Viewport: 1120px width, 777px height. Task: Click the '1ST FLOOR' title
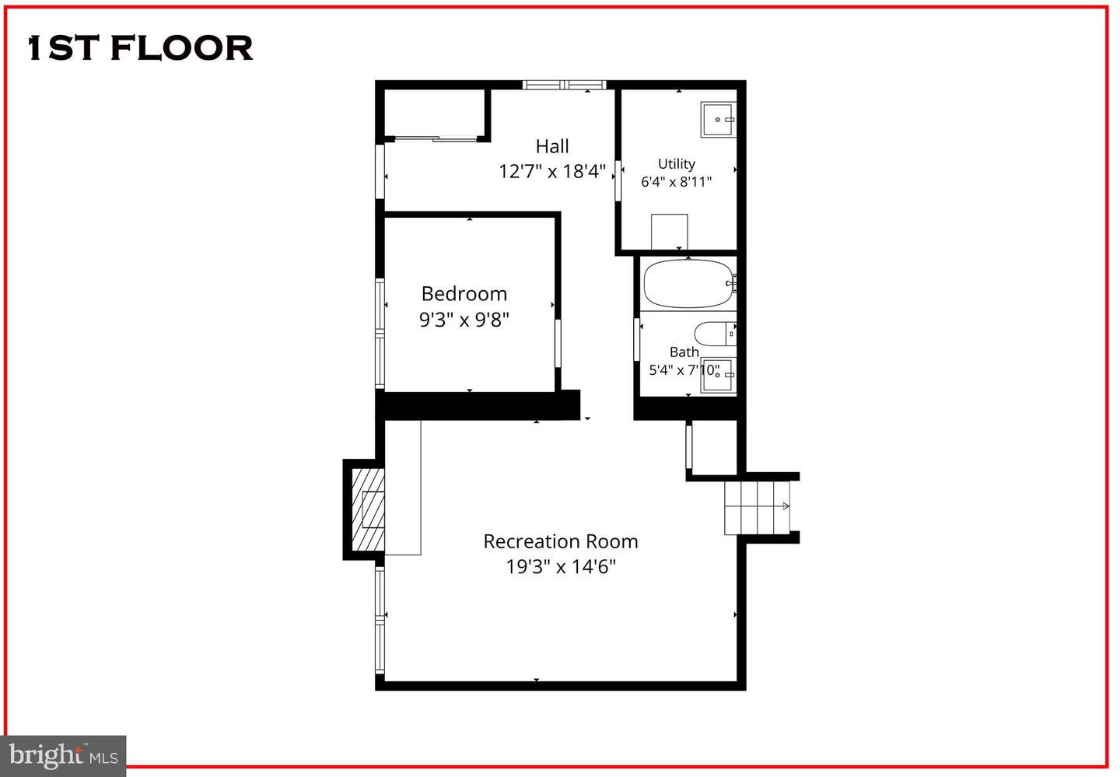pyautogui.click(x=141, y=48)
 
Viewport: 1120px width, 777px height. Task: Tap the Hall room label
pyautogui.click(x=552, y=146)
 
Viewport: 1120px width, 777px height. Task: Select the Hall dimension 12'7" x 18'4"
pyautogui.click(x=552, y=171)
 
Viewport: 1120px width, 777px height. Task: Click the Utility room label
pyautogui.click(x=676, y=163)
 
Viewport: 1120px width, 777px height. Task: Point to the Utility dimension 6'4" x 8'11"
pyautogui.click(x=676, y=182)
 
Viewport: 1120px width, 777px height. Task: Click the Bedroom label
pyautogui.click(x=464, y=293)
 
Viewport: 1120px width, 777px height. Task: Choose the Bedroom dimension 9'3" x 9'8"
pyautogui.click(x=464, y=319)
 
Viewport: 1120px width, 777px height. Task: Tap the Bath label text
pyautogui.click(x=684, y=352)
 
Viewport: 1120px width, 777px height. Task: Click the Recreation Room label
pyautogui.click(x=561, y=541)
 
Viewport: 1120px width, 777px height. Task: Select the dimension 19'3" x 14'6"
pyautogui.click(x=561, y=566)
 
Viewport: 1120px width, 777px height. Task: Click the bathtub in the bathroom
pyautogui.click(x=688, y=284)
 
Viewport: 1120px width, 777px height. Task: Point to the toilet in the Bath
pyautogui.click(x=712, y=334)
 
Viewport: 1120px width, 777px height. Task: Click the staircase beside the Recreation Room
pyautogui.click(x=756, y=507)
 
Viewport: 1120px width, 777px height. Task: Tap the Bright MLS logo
pyautogui.click(x=63, y=755)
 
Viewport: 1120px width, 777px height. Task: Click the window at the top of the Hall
pyautogui.click(x=564, y=85)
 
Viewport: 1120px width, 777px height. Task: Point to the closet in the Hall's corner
pyautogui.click(x=434, y=114)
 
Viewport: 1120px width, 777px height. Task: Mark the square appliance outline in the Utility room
pyautogui.click(x=669, y=231)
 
